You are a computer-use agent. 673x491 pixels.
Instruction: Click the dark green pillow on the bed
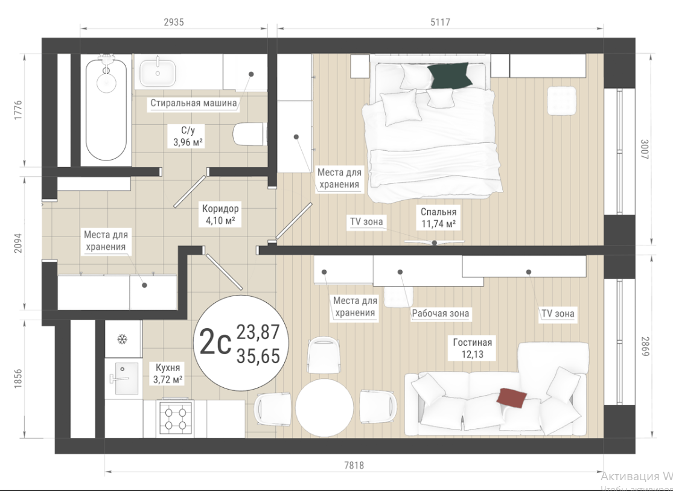point(450,76)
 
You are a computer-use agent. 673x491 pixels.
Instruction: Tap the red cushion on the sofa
point(512,398)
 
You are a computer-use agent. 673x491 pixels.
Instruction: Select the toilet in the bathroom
point(249,135)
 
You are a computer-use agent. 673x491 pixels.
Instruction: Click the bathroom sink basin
point(158,73)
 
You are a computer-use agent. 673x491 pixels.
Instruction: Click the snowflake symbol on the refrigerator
point(123,340)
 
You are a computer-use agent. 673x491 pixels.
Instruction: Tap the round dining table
point(325,408)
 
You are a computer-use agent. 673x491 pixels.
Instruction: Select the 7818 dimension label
point(354,465)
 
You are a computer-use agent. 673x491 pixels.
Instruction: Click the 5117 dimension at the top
point(441,22)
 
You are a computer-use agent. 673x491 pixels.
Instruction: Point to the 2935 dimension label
point(174,22)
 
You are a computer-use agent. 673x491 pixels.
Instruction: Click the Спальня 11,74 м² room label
point(438,218)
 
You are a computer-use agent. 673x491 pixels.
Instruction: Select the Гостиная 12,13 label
point(473,348)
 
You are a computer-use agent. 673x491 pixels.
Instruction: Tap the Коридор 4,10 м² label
point(221,214)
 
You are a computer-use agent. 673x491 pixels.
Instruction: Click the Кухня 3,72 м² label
point(168,373)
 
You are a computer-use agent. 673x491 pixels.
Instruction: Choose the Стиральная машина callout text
point(194,103)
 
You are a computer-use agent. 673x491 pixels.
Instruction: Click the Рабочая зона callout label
point(441,314)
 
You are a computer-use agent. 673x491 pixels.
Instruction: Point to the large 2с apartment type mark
point(215,343)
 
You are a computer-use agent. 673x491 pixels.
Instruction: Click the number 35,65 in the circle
point(258,356)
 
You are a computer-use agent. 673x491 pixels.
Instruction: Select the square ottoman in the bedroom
point(562,100)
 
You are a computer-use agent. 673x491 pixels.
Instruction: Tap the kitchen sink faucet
point(119,378)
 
